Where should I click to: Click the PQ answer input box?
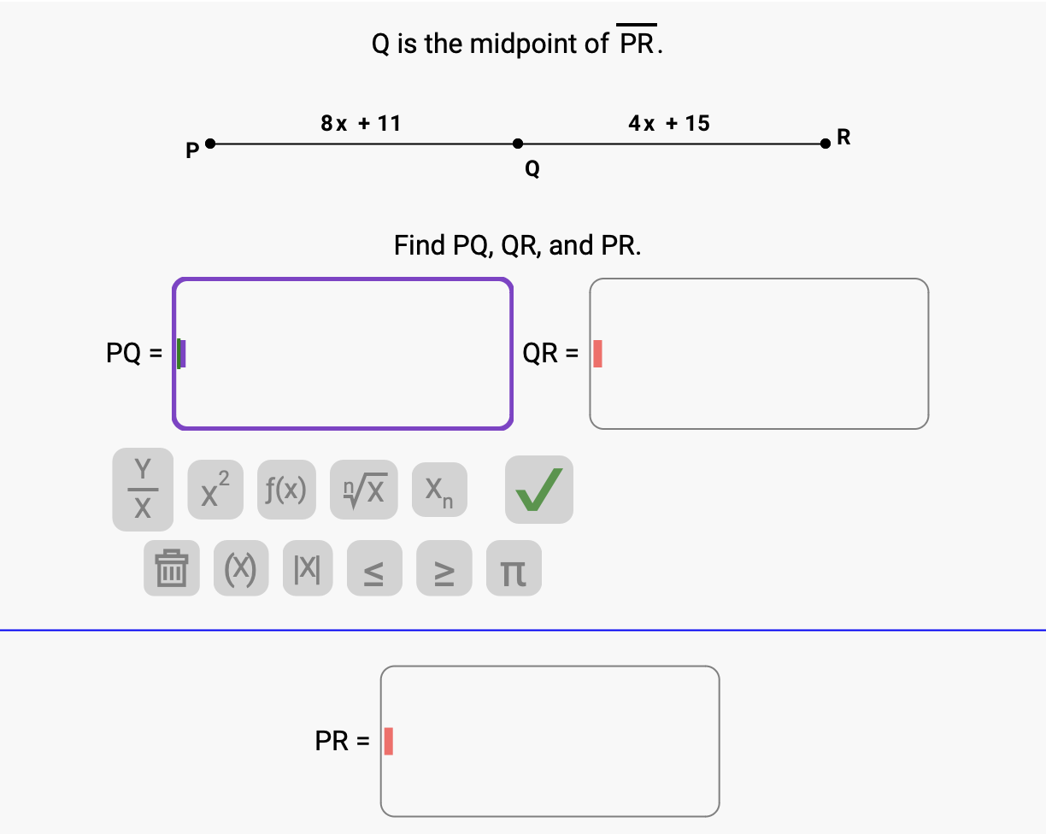[x=343, y=353]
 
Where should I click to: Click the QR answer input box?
[x=758, y=353]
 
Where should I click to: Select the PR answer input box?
[x=549, y=741]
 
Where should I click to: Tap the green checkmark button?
[x=538, y=490]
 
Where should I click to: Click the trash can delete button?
[x=172, y=568]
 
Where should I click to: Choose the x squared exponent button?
[x=215, y=490]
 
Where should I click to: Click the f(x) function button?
[x=286, y=490]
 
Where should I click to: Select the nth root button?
[x=363, y=490]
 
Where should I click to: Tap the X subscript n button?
[x=439, y=490]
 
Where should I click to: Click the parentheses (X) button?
[x=240, y=568]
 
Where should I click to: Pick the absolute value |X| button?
[x=308, y=568]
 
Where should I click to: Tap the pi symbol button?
[x=514, y=568]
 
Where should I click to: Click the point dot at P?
[x=210, y=144]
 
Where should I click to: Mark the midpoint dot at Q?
[x=517, y=144]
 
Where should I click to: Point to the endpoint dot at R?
[x=825, y=144]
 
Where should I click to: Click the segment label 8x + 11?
[x=361, y=123]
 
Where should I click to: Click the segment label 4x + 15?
[x=668, y=123]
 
